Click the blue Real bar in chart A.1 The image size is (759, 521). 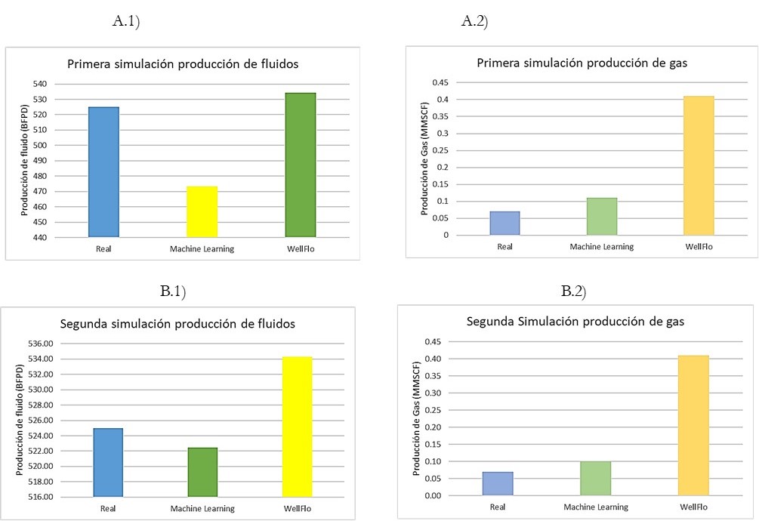(x=103, y=172)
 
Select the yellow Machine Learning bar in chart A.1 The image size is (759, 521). (x=202, y=211)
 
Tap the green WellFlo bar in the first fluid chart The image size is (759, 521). (x=300, y=165)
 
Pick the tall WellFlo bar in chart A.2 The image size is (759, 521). (x=699, y=165)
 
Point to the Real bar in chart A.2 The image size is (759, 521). (x=504, y=224)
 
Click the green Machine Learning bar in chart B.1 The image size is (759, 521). (x=202, y=472)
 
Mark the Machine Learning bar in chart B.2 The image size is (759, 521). (x=594, y=479)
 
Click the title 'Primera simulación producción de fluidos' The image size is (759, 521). (x=183, y=64)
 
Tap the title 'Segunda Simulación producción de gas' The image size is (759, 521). (x=575, y=321)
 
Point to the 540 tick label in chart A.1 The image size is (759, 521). (x=39, y=84)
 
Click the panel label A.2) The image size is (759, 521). (x=475, y=22)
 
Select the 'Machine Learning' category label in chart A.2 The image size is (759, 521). (x=602, y=247)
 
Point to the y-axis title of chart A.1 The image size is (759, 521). (x=25, y=161)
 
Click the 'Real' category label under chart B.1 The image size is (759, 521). (x=108, y=508)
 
